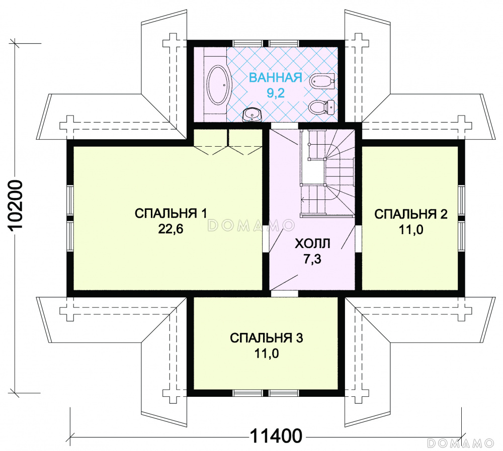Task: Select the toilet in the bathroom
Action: (x=322, y=107)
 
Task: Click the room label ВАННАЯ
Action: (x=276, y=77)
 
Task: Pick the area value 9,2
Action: (x=276, y=93)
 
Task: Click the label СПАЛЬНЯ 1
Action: (x=171, y=213)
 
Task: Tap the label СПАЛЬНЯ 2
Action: (x=411, y=214)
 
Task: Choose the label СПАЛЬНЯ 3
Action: (x=267, y=339)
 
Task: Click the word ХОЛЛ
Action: (x=312, y=244)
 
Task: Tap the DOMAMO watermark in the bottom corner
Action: (x=461, y=443)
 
